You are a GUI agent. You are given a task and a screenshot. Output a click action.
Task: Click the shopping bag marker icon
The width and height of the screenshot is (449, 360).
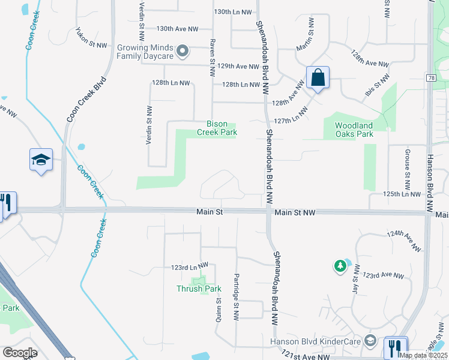(x=318, y=78)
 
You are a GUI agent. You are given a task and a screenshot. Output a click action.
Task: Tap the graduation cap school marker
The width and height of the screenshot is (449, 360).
(x=41, y=160)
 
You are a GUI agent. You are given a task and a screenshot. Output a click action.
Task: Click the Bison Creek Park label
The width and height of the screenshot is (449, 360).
(x=217, y=128)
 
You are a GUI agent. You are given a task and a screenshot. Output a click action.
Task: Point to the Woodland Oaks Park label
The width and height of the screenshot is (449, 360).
(x=354, y=130)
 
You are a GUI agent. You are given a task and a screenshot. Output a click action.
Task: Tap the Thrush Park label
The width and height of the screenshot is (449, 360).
(x=199, y=289)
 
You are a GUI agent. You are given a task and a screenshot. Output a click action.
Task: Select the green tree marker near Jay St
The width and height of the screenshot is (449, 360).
(x=340, y=265)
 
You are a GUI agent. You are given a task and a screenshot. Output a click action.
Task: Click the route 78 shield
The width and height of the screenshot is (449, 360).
(x=431, y=78)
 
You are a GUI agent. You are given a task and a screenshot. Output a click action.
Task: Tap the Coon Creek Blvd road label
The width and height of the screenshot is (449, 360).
(x=86, y=99)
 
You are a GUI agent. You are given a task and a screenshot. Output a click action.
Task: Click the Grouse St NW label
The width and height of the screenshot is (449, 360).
(x=407, y=166)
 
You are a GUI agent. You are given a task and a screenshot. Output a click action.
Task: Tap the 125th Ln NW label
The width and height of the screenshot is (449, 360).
(x=402, y=194)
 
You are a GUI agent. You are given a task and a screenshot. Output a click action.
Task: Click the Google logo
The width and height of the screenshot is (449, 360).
(x=20, y=353)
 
